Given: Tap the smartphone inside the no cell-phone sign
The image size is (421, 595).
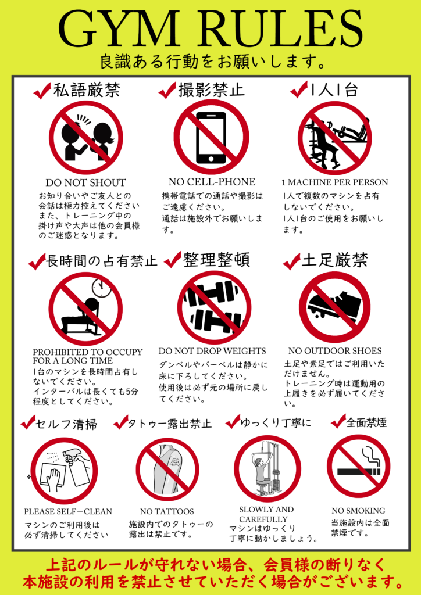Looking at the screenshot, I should [211, 138].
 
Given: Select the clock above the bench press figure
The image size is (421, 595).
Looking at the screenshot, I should [101, 288].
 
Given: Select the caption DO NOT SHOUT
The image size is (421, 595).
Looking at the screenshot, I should [85, 182].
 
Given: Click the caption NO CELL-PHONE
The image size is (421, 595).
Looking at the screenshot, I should [212, 181].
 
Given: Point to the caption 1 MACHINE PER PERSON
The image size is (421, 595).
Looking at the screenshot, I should [334, 182].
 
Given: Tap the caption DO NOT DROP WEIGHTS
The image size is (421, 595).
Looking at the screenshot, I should [212, 351].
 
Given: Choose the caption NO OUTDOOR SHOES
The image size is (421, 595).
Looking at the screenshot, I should [335, 351].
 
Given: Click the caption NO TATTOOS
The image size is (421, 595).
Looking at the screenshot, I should [167, 511].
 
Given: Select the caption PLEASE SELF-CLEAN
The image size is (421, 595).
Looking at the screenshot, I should [68, 512].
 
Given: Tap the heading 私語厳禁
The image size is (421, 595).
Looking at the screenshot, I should [87, 90].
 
